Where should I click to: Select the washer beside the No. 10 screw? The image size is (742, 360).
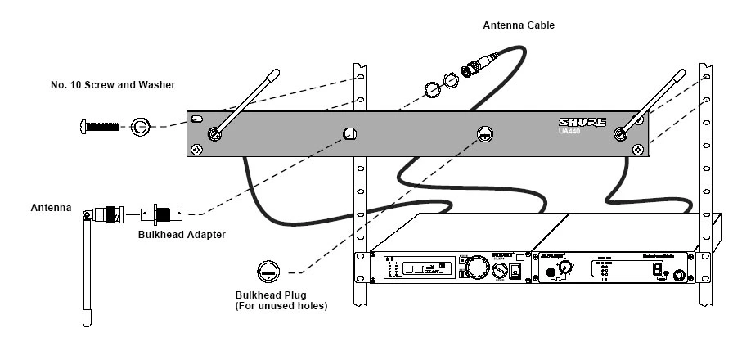click(142, 127)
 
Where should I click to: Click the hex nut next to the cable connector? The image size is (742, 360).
click(434, 88)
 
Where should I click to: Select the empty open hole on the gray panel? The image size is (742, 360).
click(349, 133)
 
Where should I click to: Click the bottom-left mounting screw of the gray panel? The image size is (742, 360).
click(197, 150)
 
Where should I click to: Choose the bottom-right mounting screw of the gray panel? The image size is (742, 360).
click(638, 150)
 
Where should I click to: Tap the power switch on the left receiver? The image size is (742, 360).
click(516, 270)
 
